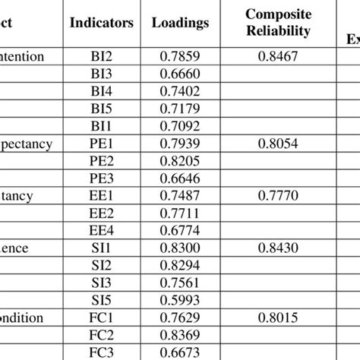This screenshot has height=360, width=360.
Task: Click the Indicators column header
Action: click(x=101, y=24)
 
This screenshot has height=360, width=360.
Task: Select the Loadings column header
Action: click(x=180, y=24)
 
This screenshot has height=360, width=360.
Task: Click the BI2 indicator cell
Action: click(x=101, y=55)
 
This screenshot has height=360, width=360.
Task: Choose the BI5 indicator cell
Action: click(x=101, y=109)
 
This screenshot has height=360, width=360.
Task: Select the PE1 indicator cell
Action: click(x=101, y=144)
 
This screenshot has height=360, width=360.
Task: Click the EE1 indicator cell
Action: click(x=101, y=196)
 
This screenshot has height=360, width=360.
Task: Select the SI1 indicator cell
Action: click(x=101, y=248)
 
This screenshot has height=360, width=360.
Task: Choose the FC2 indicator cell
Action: click(x=101, y=336)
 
